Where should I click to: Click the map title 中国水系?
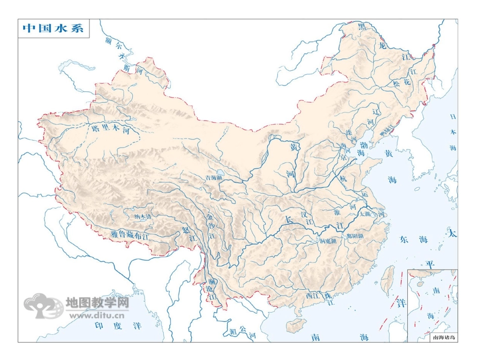[53, 28]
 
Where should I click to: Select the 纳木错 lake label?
[143, 217]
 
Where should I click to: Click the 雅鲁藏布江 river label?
[131, 234]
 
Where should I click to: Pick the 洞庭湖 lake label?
[328, 241]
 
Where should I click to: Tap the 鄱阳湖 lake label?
[355, 235]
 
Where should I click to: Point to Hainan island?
[296, 325]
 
